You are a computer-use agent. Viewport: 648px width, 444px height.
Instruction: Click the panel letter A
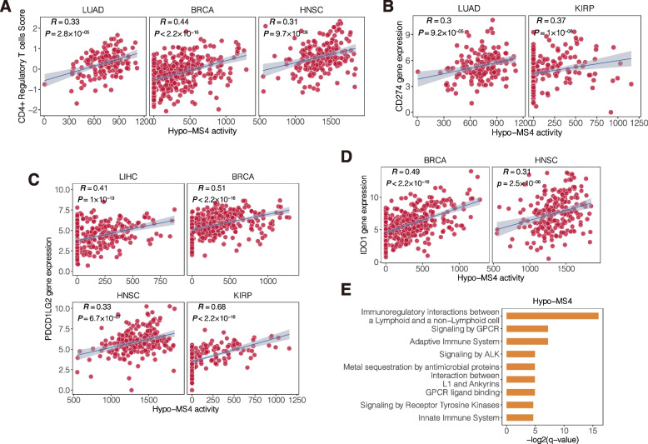[7, 7]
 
